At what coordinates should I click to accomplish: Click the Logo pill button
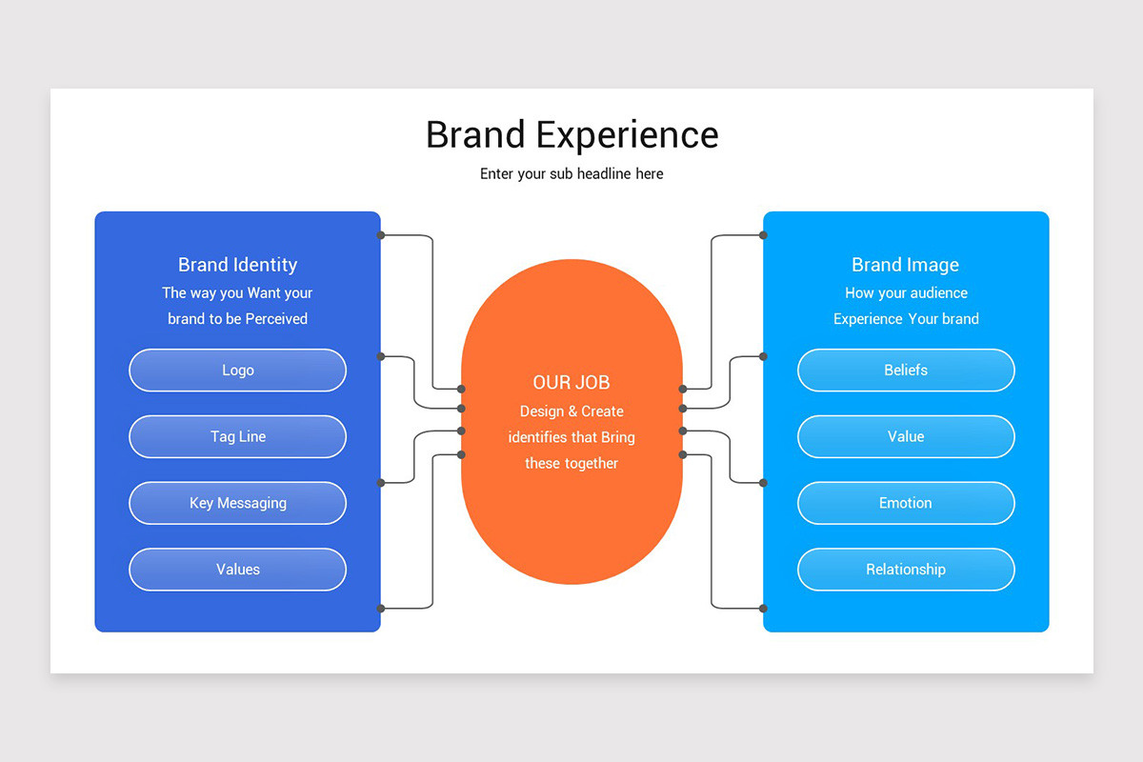[x=237, y=370]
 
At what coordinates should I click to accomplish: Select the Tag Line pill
[x=237, y=436]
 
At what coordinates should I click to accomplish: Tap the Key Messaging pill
[x=237, y=503]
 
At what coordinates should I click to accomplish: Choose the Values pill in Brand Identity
[x=237, y=570]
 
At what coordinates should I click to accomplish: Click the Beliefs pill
[x=906, y=370]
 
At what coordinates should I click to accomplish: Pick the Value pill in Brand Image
[x=906, y=436]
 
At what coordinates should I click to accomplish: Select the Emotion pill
[x=906, y=503]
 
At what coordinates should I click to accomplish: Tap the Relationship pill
[x=906, y=570]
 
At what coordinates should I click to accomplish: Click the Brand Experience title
[x=571, y=134]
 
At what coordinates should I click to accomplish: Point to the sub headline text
[x=571, y=173]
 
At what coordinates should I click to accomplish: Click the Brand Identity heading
[x=237, y=265]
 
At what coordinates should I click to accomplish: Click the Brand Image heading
[x=906, y=265]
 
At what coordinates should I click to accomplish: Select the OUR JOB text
[x=571, y=382]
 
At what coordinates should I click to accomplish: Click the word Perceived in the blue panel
[x=276, y=319]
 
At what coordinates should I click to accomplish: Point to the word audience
[x=934, y=293]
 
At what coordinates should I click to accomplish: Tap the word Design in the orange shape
[x=541, y=411]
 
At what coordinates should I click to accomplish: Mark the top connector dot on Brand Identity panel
[x=381, y=234]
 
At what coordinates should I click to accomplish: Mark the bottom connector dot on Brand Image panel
[x=763, y=608]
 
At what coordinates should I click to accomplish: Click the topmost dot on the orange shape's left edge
[x=462, y=389]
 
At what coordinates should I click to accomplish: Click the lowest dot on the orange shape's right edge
[x=682, y=454]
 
